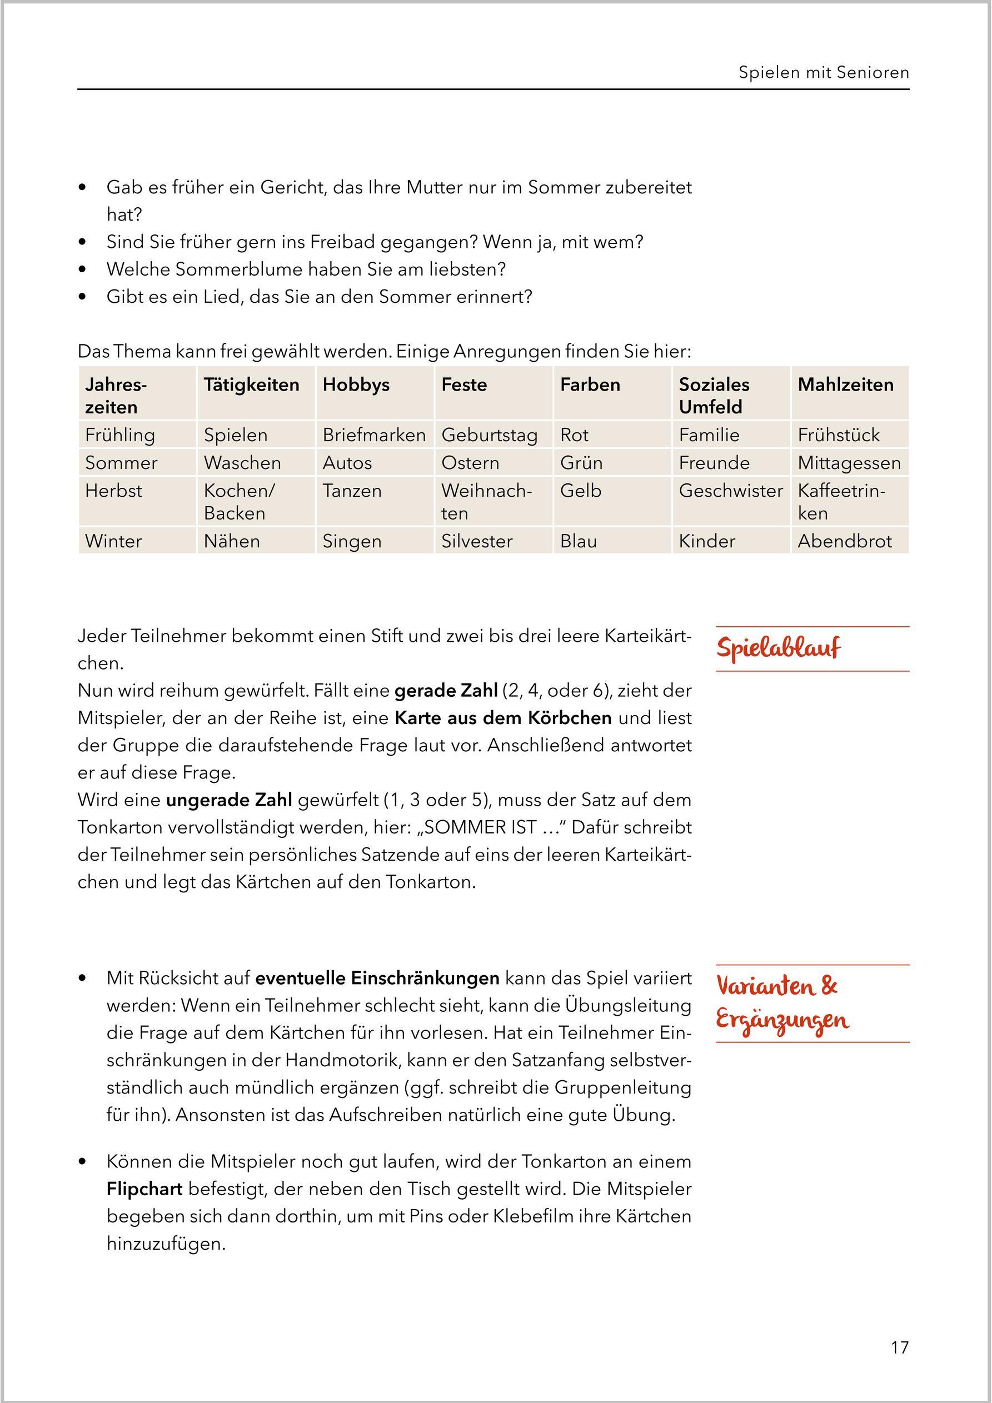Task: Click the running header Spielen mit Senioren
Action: click(823, 73)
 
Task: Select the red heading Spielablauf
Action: click(778, 648)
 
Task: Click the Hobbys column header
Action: click(356, 385)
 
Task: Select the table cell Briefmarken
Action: click(373, 435)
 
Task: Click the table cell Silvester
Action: click(477, 541)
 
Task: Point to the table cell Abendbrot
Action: click(844, 541)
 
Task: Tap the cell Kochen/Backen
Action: click(240, 502)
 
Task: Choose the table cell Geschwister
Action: click(730, 491)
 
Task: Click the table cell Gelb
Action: click(581, 491)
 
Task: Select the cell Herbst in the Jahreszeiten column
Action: click(114, 491)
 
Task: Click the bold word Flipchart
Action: click(144, 1189)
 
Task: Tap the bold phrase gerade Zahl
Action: click(446, 691)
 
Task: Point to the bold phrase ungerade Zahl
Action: click(228, 800)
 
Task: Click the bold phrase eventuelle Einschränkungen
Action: click(377, 978)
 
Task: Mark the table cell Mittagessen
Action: click(849, 463)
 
